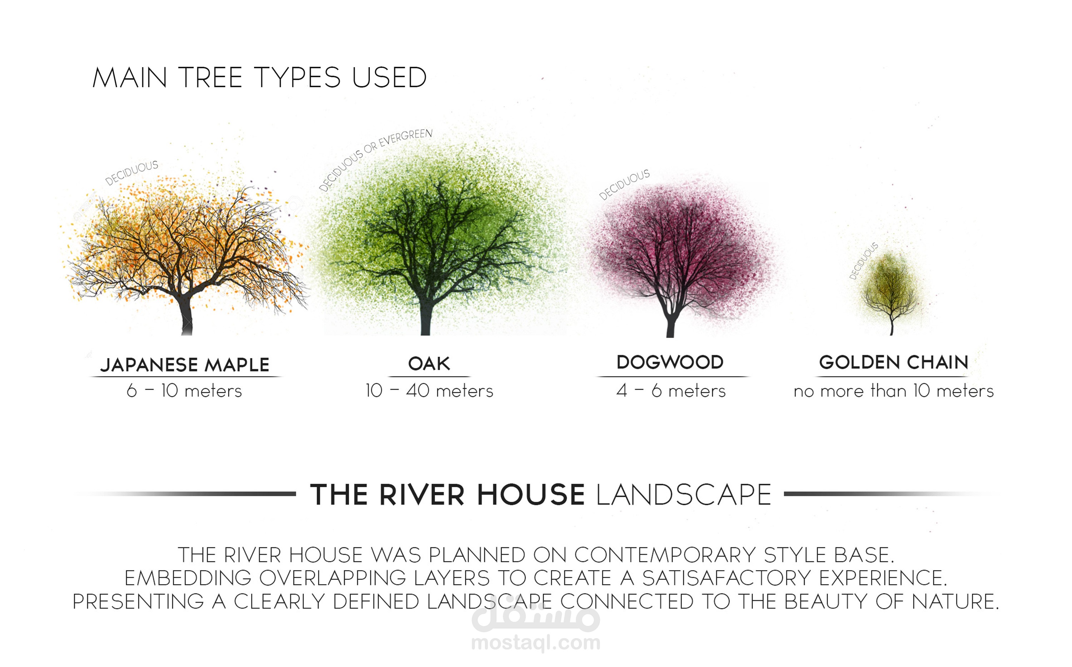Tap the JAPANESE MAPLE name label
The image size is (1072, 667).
185,365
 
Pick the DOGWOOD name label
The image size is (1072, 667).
670,362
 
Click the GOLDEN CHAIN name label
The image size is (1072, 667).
894,362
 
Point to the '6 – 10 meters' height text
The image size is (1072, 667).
184,391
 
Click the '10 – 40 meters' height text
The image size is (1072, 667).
429,391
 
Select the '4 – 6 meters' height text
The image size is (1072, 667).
671,391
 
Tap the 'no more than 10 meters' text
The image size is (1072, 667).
894,391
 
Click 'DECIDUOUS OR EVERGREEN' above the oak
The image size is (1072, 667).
376,160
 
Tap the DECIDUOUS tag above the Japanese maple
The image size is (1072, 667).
131,173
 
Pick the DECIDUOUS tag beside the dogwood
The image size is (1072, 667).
624,184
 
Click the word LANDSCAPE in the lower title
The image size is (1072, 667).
683,494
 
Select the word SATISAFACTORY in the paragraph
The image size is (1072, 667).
726,578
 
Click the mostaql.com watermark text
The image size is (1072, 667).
536,643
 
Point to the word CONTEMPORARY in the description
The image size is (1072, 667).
665,555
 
